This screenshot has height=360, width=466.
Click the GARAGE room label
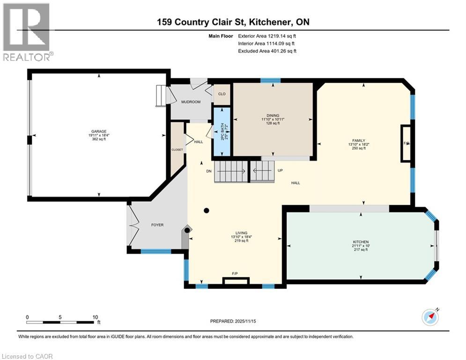coord(98,132)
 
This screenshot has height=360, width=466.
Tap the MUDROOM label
coord(191,102)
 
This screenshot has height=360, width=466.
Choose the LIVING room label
coord(241,233)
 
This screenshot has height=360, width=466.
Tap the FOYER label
coord(157,225)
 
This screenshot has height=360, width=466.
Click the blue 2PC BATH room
coord(222,132)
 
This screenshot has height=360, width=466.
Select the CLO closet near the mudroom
coord(222,94)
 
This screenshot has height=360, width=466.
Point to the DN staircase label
coord(209,171)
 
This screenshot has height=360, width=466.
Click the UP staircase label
coord(280,171)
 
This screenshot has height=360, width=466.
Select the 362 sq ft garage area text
coord(98,139)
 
